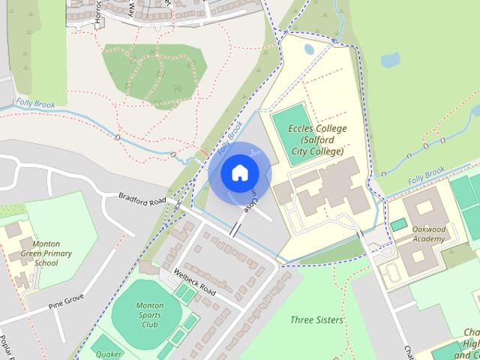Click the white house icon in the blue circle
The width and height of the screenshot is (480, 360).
pos(238,173)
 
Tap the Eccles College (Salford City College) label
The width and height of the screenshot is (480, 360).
pos(317,140)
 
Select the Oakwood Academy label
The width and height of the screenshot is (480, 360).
pos(428,234)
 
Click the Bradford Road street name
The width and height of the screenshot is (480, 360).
pos(142,200)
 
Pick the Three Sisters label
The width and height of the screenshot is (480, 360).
pos(316,319)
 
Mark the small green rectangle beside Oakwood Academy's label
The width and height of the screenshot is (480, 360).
pos(397,225)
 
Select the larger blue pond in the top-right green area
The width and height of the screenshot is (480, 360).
pos(390,59)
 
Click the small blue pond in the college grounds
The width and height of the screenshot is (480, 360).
pos(309,50)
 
